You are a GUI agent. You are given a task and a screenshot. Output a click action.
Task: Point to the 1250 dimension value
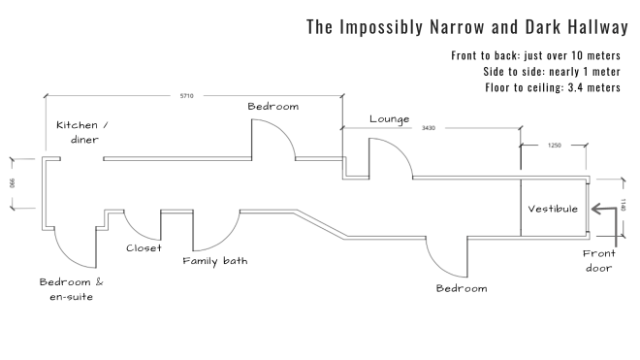(555, 145)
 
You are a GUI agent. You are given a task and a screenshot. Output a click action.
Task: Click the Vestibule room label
(553, 209)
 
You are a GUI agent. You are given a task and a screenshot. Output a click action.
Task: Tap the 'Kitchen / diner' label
(82, 132)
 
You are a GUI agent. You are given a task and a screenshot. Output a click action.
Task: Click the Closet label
(144, 247)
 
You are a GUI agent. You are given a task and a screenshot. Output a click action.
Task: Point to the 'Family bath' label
(215, 261)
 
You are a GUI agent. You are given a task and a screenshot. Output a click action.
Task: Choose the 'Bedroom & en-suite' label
(71, 288)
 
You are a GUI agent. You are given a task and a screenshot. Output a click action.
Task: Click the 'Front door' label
(598, 260)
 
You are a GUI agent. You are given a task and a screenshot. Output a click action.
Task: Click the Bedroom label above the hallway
(272, 106)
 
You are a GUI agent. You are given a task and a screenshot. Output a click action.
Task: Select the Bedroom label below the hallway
(461, 289)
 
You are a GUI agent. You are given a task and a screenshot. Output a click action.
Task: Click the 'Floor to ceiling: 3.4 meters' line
(553, 87)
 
